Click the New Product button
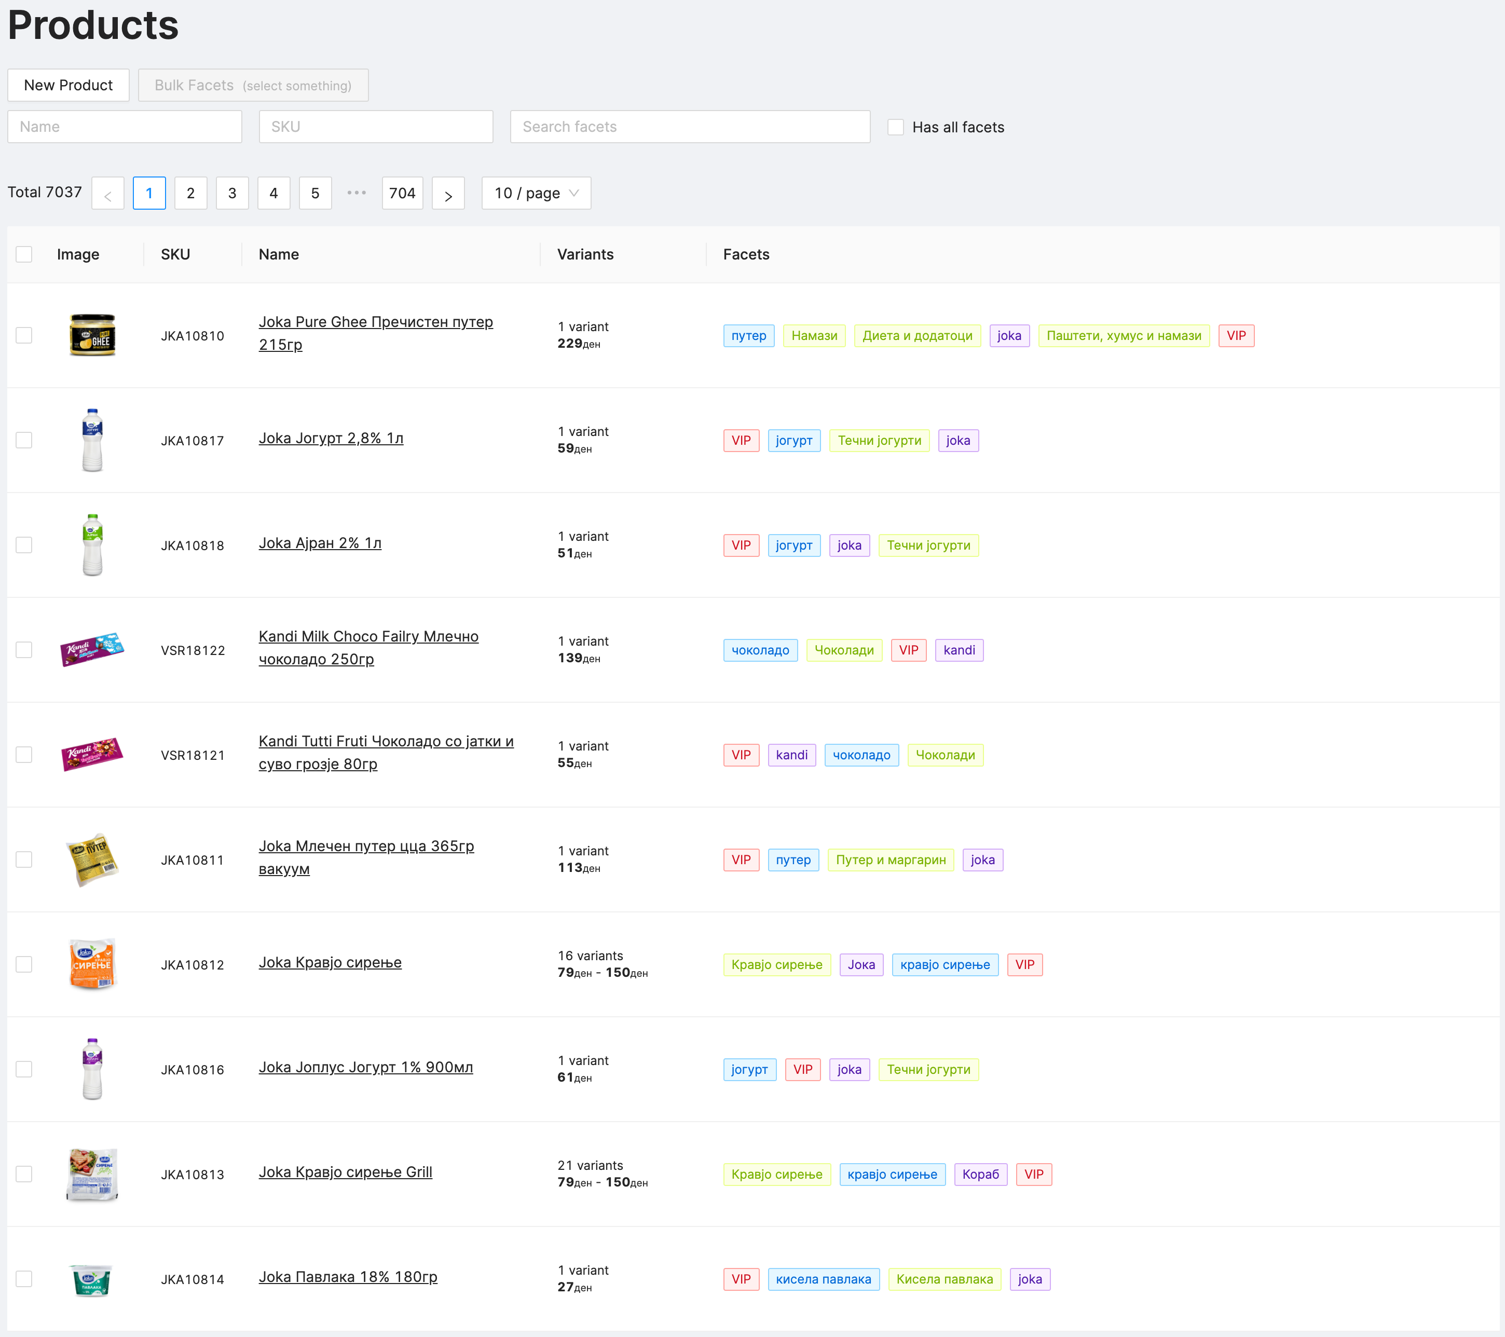pos(69,86)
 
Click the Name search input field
pos(125,127)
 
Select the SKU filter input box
pos(376,127)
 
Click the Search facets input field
pos(689,127)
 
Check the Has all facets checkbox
pos(895,127)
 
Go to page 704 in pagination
pos(402,193)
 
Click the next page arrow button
pos(448,194)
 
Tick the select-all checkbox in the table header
pos(24,255)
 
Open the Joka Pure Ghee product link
pos(376,322)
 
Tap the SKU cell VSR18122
pos(193,651)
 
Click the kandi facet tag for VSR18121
pos(791,755)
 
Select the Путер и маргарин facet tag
pos(890,860)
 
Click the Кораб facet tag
pos(980,1175)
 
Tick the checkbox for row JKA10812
pos(24,964)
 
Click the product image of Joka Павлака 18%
pos(91,1279)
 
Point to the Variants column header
pos(585,255)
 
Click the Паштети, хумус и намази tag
pos(1124,336)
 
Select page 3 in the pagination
pos(232,193)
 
